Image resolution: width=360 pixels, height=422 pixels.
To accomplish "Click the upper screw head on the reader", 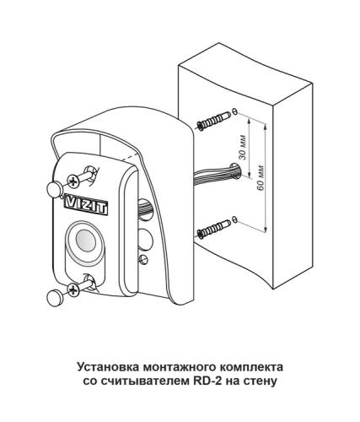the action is pyautogui.click(x=73, y=181).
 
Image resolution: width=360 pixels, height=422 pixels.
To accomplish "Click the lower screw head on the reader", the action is pyautogui.click(x=73, y=289).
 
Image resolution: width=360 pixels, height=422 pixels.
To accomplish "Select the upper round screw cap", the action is pyautogui.click(x=54, y=189).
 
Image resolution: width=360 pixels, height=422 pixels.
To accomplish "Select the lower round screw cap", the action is pyautogui.click(x=55, y=298).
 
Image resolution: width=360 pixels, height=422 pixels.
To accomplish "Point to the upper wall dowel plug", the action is pyautogui.click(x=214, y=120).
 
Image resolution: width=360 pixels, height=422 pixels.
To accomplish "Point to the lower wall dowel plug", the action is pyautogui.click(x=214, y=229).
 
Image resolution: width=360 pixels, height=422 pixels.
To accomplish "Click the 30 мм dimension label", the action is pyautogui.click(x=243, y=148).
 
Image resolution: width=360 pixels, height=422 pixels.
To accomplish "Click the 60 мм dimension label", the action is pyautogui.click(x=261, y=178).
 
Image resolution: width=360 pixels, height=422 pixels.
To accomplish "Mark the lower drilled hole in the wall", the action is pyautogui.click(x=235, y=219).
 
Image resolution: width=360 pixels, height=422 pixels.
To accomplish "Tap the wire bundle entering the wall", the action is pyautogui.click(x=214, y=174).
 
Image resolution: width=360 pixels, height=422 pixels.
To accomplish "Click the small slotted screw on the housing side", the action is pyautogui.click(x=143, y=258).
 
